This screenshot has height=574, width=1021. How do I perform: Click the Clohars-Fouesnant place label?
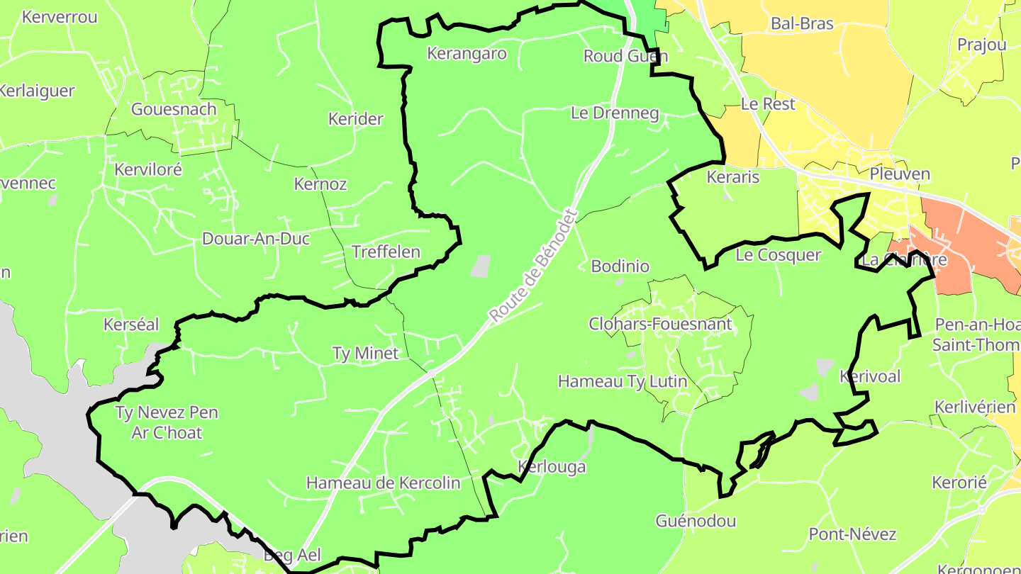660,325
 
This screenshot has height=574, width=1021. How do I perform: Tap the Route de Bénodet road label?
534,266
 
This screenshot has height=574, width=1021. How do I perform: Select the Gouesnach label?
174,109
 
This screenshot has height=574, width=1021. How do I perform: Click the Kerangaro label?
467,54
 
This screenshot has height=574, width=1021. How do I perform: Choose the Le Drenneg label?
615,113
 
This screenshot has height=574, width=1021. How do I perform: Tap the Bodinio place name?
620,266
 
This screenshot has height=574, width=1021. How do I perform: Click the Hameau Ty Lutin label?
623,381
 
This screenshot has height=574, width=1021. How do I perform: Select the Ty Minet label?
366,353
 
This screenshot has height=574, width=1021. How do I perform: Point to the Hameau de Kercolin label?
383,483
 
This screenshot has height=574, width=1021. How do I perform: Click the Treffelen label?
386,252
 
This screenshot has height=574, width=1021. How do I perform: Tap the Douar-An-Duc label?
256,239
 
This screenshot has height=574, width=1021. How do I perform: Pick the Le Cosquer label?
778,255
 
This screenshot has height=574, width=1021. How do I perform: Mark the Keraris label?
733,177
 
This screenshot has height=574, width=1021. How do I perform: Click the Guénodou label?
696,522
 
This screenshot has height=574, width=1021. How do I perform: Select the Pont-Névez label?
852,534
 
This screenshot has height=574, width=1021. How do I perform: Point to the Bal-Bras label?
802,24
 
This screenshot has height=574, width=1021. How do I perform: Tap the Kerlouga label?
552,467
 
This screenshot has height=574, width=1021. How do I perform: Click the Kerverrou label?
60,17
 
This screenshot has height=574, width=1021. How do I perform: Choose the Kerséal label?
131,325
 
